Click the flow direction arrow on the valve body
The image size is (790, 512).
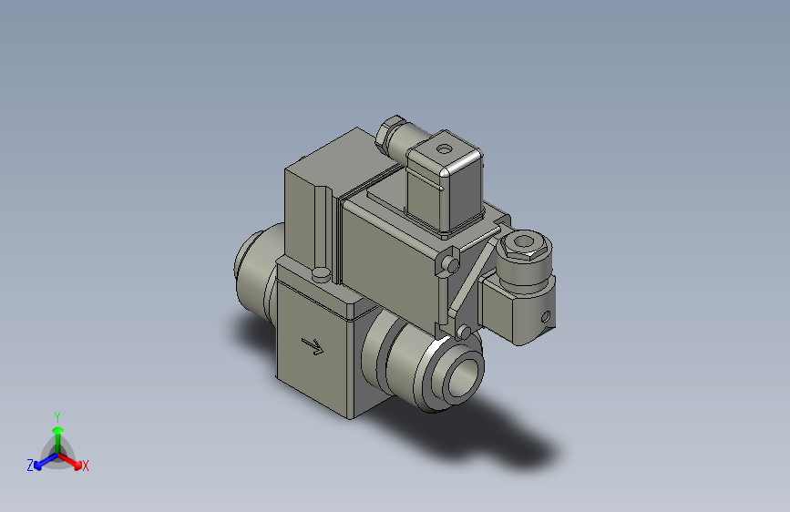pos(313,346)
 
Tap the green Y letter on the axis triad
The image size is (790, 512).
pos(56,415)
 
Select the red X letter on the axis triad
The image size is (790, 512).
pos(86,466)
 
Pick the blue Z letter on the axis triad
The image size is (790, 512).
pos(30,466)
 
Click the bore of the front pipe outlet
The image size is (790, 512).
pos(465,373)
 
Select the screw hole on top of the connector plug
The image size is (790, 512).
pos(445,148)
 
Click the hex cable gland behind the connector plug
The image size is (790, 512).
pos(390,135)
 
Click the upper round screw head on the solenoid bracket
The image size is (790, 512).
pos(451,264)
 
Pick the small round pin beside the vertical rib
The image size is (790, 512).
pos(321,273)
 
